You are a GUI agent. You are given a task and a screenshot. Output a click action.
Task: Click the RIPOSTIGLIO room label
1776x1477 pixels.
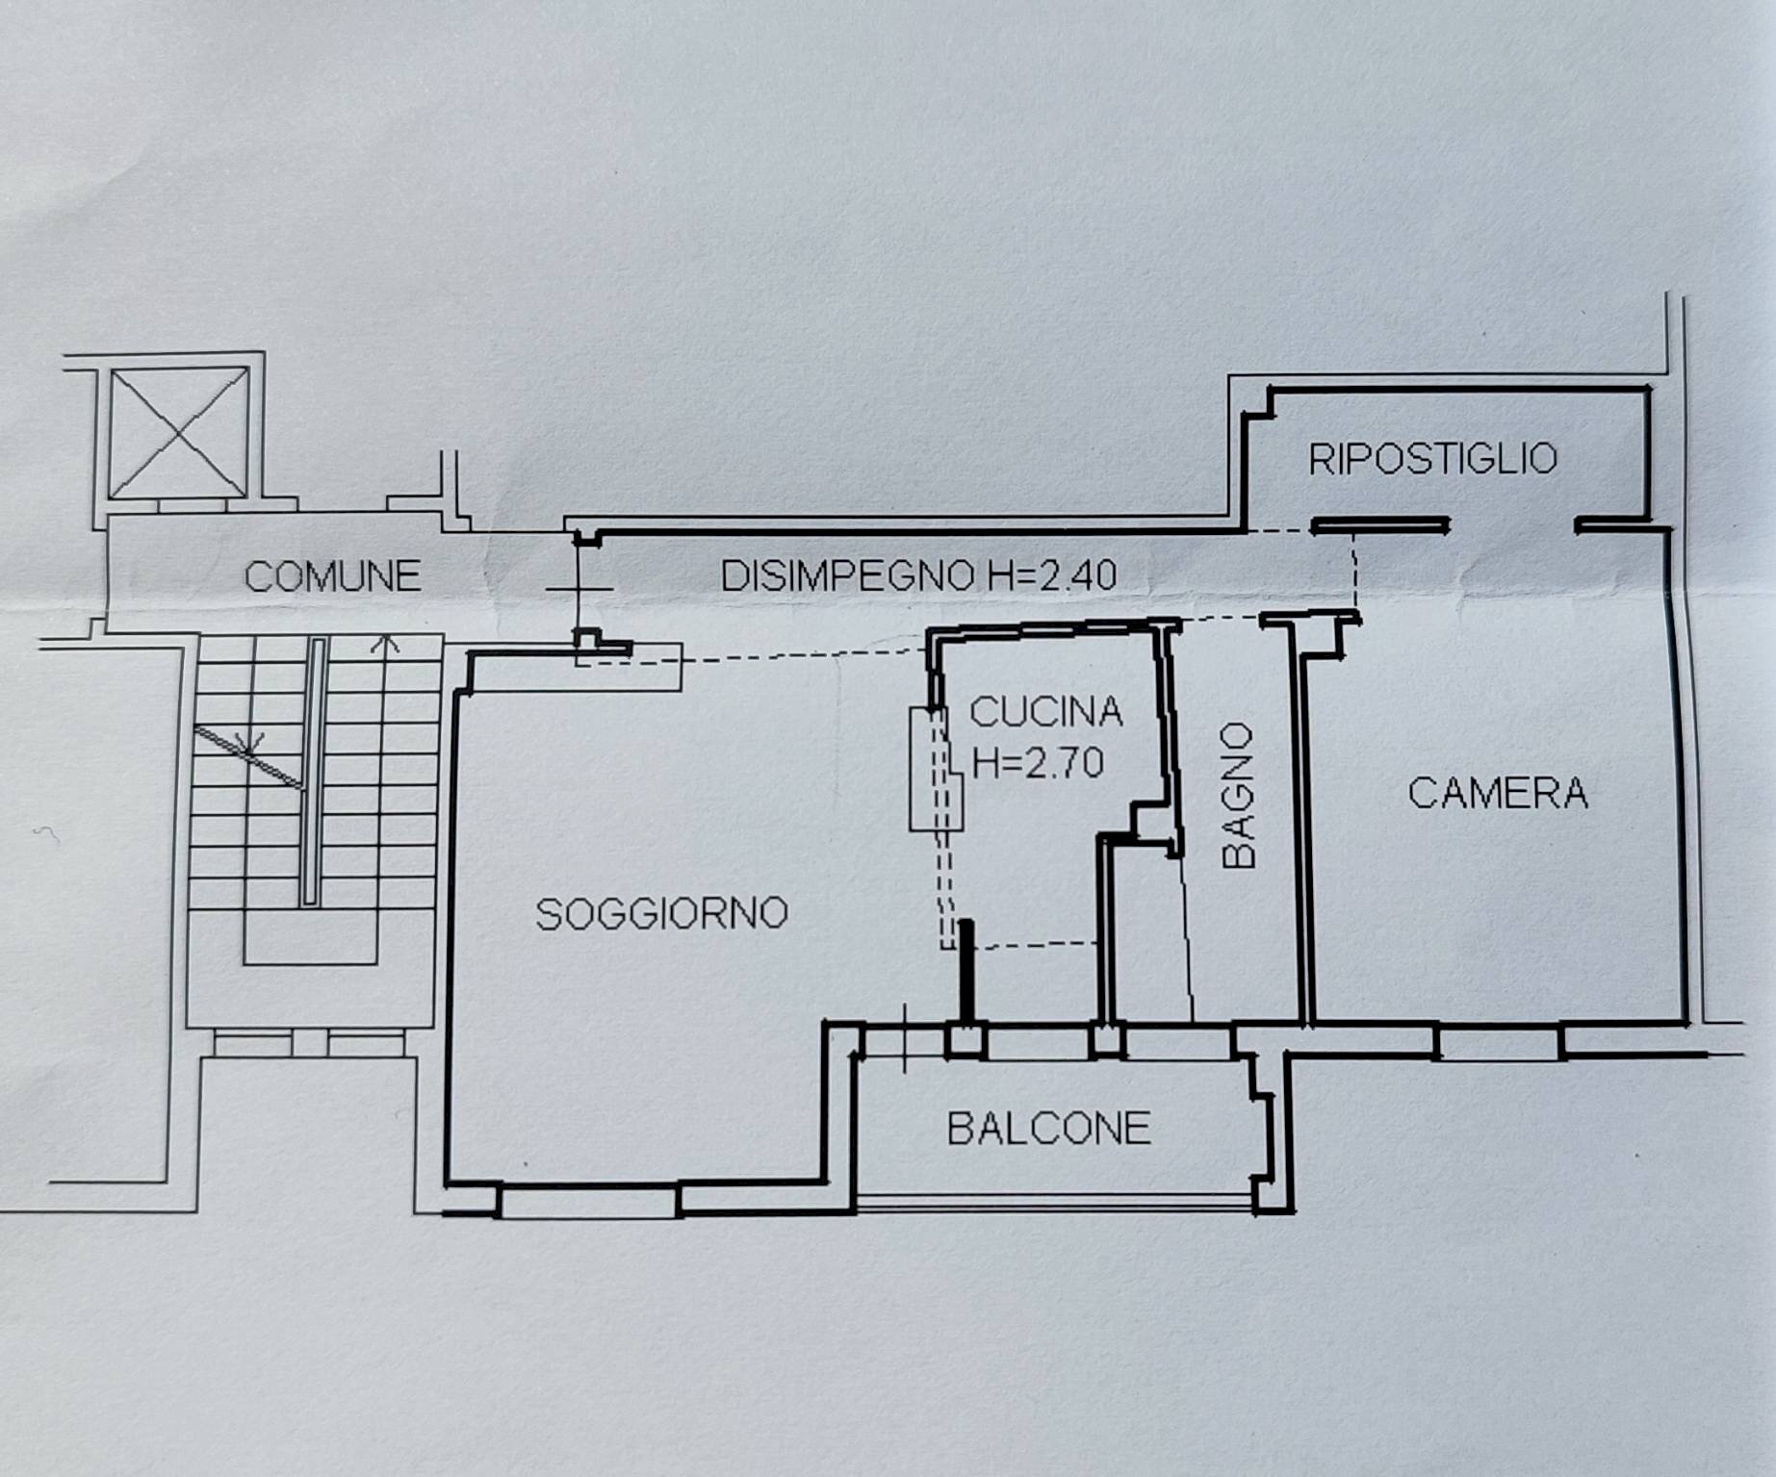pos(1431,459)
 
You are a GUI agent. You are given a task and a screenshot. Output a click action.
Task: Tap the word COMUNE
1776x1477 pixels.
pos(332,577)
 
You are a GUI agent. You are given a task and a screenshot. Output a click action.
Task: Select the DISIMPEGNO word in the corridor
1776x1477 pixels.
pos(847,575)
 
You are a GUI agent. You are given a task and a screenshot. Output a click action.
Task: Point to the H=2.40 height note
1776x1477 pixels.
pos(1052,575)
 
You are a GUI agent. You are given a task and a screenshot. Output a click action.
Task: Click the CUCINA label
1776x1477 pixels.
pos(1046,713)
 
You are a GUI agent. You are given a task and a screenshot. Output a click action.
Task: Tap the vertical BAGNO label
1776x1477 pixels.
pos(1239,797)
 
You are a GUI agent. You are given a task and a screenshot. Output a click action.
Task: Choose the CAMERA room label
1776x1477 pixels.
pos(1498,794)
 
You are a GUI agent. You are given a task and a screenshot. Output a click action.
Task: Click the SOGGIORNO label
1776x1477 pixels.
pos(661,914)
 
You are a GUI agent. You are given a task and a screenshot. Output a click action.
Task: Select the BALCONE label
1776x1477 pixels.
pos(1049,1129)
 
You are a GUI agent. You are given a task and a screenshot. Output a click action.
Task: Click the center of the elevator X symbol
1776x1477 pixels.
pos(179,433)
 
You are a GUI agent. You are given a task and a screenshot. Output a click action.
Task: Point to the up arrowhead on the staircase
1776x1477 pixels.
pos(386,642)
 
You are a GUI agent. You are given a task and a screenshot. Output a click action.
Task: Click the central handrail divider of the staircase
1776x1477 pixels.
pos(311,770)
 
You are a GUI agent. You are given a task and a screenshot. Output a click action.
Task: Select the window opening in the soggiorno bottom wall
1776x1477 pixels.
pos(589,1202)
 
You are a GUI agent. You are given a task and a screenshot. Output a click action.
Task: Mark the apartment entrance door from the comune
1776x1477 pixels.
pos(579,588)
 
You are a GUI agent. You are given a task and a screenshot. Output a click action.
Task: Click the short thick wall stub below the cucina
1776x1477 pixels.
pos(965,972)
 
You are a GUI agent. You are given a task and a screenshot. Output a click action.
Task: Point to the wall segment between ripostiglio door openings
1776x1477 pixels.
pos(1380,525)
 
